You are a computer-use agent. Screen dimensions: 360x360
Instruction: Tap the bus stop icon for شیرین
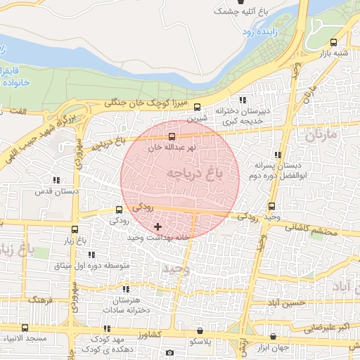[197, 108]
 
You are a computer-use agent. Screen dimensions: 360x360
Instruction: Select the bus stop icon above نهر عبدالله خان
[173, 136]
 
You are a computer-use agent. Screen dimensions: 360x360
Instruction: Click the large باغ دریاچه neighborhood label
[189, 172]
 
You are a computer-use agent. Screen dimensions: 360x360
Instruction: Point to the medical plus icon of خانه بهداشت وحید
[157, 226]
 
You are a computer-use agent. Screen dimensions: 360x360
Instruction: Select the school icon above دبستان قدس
[56, 180]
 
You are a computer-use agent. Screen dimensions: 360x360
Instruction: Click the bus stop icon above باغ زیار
[75, 229]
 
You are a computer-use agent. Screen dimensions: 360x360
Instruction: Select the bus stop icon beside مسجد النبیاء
[25, 328]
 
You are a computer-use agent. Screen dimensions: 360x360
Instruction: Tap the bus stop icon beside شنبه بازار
[335, 41]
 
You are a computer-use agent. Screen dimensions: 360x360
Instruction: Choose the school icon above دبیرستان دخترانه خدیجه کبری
[243, 101]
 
